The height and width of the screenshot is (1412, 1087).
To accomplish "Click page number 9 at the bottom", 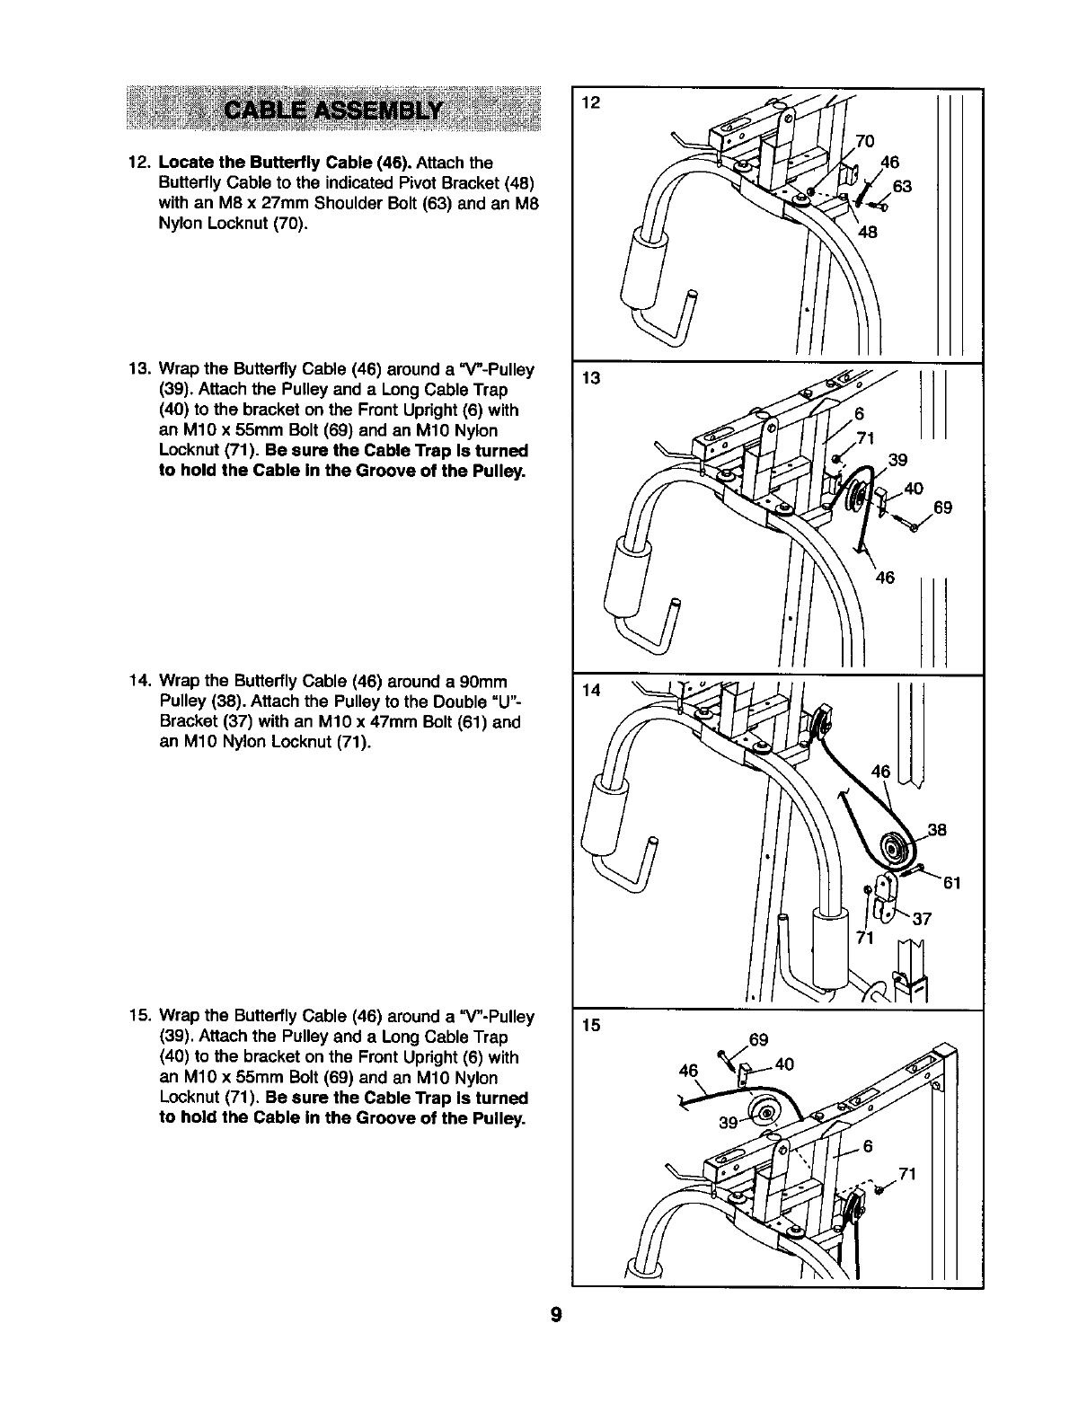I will (557, 1315).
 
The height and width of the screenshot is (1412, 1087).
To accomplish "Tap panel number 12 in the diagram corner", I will (590, 102).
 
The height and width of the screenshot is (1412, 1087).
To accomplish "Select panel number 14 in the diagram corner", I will (590, 691).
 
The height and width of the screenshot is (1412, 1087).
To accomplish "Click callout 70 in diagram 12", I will (864, 141).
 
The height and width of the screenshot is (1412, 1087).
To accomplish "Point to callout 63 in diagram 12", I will (902, 186).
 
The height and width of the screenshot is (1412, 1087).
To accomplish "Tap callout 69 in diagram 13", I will (942, 508).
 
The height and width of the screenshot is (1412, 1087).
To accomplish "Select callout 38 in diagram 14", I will (937, 830).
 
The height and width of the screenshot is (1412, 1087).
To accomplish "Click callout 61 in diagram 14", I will (952, 883).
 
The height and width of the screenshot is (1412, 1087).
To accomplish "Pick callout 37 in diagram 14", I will (922, 919).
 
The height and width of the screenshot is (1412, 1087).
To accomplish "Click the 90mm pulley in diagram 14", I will (896, 847).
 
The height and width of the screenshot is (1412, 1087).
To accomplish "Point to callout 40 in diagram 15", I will (783, 1064).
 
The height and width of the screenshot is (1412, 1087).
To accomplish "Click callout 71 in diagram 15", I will (906, 1173).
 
